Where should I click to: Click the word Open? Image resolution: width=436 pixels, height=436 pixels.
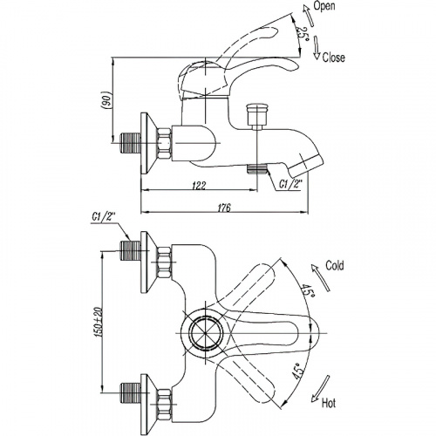(x=324, y=6)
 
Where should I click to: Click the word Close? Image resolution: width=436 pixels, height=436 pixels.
(x=334, y=58)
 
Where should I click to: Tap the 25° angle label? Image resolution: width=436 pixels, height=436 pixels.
(x=303, y=34)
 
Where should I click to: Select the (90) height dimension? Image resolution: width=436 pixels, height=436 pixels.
(x=106, y=100)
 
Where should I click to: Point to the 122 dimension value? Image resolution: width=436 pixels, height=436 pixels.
(x=199, y=185)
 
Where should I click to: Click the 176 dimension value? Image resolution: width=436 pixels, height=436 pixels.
(x=224, y=208)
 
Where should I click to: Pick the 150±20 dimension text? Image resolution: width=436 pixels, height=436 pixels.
(x=99, y=322)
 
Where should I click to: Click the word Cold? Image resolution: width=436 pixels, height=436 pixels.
(x=335, y=265)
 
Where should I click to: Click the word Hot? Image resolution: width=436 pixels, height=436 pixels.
(x=329, y=403)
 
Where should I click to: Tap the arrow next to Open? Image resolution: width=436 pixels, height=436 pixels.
(x=308, y=15)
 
